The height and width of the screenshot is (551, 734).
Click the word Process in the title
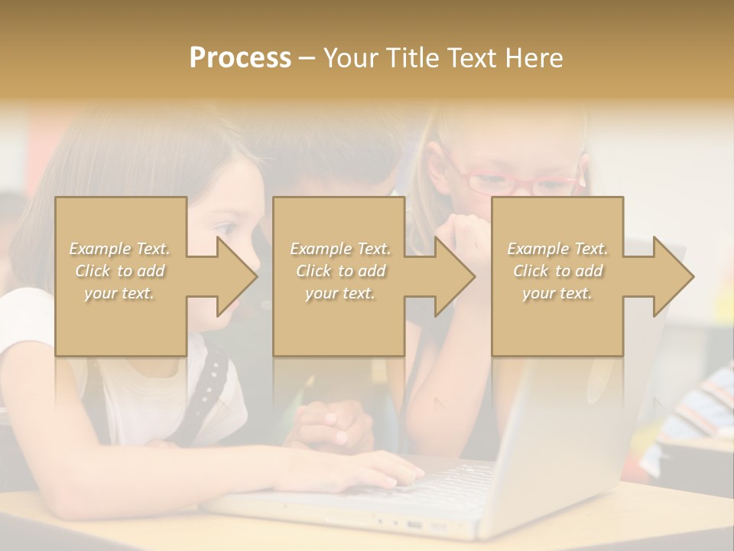pyautogui.click(x=240, y=58)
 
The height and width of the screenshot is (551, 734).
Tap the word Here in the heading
pyautogui.click(x=533, y=58)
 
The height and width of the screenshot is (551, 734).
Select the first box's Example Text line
pyautogui.click(x=120, y=249)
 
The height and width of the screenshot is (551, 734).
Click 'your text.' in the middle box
pyautogui.click(x=339, y=293)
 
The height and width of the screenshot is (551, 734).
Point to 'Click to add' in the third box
pyautogui.click(x=557, y=271)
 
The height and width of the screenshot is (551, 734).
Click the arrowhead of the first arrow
pyautogui.click(x=237, y=276)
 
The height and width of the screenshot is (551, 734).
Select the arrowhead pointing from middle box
pyautogui.click(x=455, y=276)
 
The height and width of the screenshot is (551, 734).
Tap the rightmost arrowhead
pyautogui.click(x=673, y=276)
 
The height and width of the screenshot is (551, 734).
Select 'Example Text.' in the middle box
pyautogui.click(x=339, y=249)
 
